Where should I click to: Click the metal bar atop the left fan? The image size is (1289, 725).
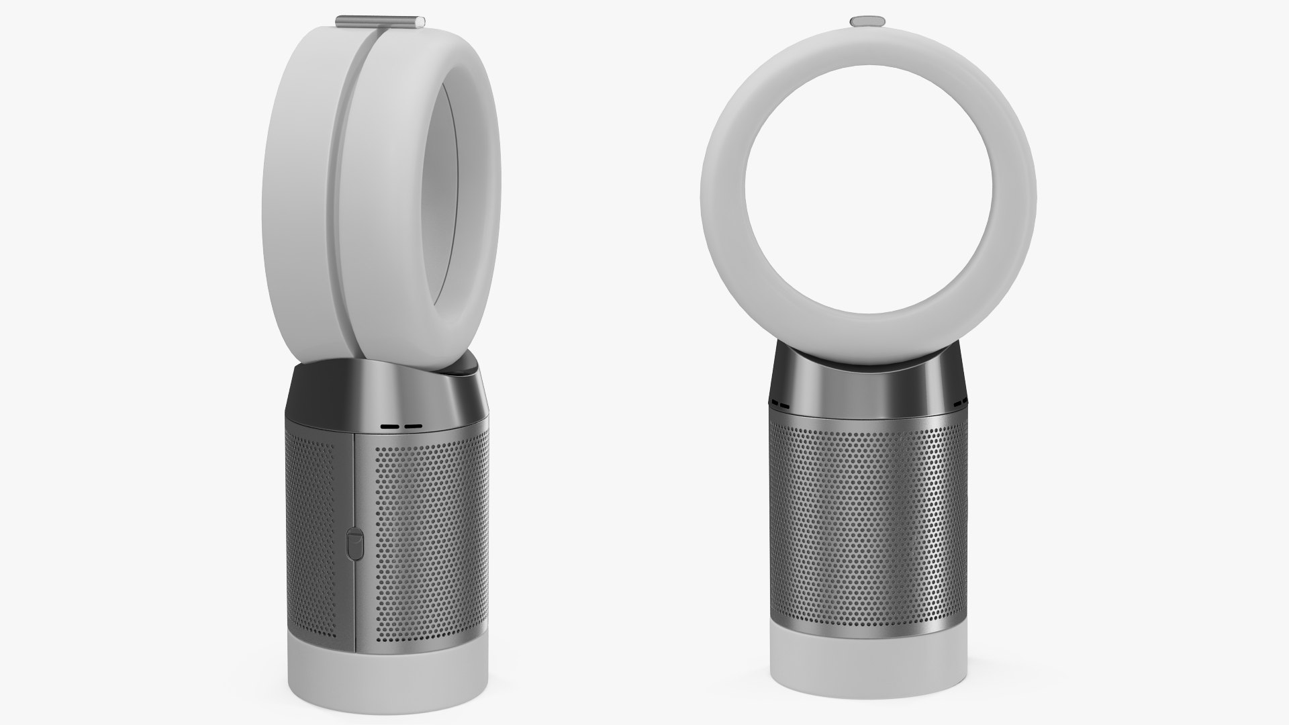[x=381, y=22]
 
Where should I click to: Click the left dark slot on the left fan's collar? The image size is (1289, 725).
[x=388, y=426]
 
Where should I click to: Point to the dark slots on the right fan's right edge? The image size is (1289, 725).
[x=959, y=401]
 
